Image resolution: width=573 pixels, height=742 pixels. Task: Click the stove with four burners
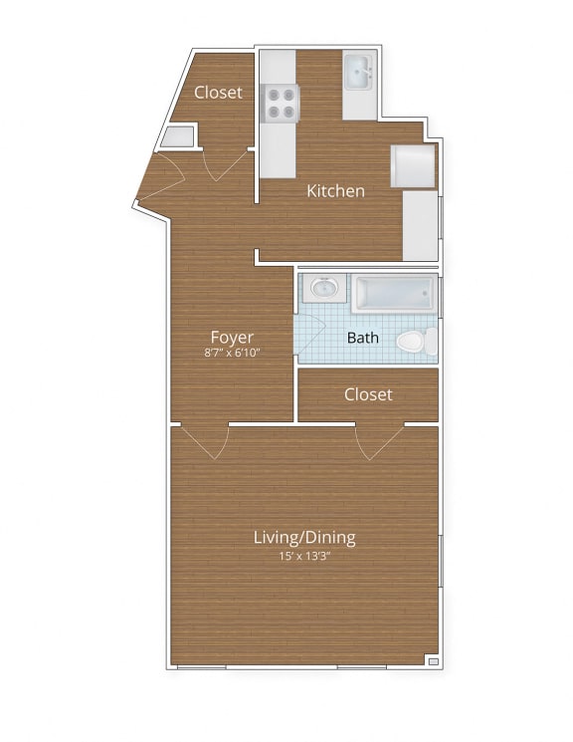(280, 102)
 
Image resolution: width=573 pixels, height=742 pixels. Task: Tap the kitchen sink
(359, 72)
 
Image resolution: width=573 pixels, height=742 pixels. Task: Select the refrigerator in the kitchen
(413, 166)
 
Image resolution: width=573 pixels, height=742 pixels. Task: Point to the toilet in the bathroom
(416, 342)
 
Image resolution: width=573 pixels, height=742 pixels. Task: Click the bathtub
(395, 293)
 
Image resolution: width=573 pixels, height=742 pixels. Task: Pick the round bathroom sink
(323, 289)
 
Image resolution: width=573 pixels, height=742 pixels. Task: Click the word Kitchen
(335, 190)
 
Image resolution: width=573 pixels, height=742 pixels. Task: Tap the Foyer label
(231, 337)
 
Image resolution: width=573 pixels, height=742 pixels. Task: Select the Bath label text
(362, 338)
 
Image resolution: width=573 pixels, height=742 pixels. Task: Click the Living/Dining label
(303, 538)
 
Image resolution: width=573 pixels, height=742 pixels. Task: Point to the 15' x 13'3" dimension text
(303, 556)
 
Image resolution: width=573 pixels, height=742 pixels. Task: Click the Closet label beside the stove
(218, 92)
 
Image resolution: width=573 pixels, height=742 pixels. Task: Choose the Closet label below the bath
(368, 394)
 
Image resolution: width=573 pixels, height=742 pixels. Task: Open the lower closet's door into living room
(379, 440)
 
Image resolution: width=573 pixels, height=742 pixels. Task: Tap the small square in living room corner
(432, 658)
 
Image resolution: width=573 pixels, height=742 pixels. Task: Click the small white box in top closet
(179, 137)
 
